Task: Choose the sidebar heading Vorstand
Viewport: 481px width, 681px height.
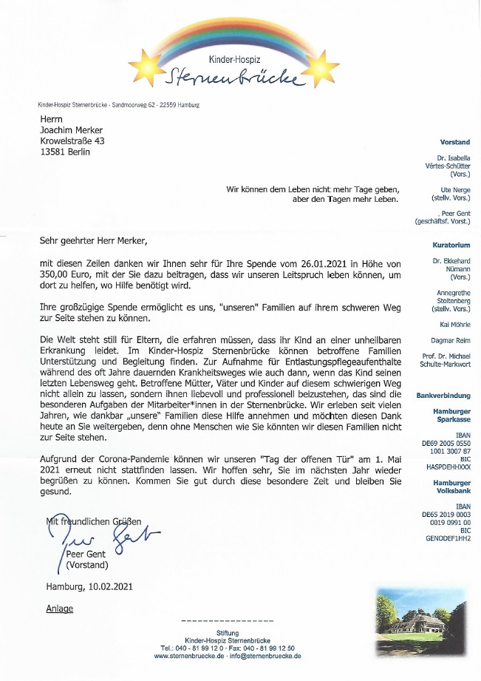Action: click(455, 141)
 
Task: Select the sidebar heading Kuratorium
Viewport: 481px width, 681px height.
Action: click(451, 245)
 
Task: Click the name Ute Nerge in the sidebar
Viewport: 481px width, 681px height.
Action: click(455, 189)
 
